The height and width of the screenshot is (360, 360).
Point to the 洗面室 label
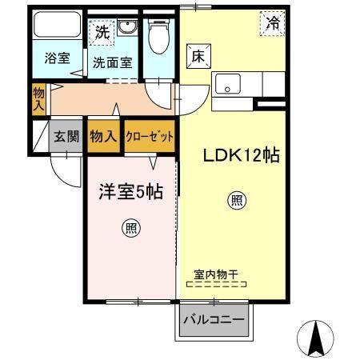(112, 62)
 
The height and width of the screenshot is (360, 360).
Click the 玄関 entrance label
(66, 137)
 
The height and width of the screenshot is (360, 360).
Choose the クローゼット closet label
(150, 137)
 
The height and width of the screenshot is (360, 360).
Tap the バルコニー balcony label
(213, 321)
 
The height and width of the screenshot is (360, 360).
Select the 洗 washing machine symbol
(101, 33)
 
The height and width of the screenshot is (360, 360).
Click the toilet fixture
(158, 34)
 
